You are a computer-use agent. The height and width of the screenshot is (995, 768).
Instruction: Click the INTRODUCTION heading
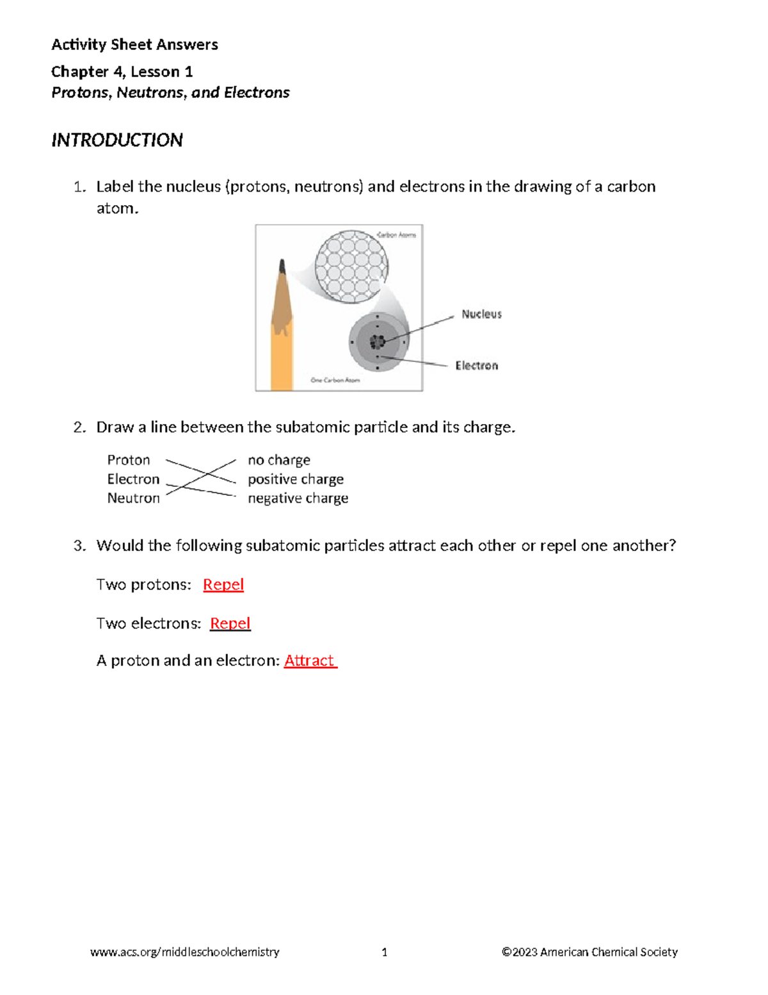point(117,140)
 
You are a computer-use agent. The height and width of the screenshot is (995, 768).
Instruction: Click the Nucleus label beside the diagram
point(481,314)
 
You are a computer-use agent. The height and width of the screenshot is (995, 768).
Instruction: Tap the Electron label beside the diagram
point(476,365)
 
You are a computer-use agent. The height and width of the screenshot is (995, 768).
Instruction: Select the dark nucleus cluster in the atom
point(378,342)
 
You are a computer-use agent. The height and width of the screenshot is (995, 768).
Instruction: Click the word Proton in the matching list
point(129,460)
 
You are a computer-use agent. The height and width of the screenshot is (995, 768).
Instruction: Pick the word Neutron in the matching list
point(133,498)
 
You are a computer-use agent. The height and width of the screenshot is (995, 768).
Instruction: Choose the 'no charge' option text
point(279,460)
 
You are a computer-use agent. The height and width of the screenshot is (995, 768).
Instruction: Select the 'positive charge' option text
point(296,479)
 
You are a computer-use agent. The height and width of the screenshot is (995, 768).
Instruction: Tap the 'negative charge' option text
point(298,498)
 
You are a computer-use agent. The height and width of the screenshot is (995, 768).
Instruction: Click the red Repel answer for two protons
point(223,584)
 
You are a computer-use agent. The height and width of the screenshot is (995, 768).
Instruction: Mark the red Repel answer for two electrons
point(230,623)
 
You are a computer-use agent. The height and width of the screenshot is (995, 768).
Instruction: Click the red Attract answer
point(310,661)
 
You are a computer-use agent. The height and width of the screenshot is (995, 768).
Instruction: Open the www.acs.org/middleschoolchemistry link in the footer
point(185,952)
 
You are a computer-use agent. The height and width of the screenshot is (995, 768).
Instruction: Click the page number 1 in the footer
point(384,952)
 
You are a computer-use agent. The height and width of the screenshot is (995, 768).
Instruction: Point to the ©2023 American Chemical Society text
point(589,952)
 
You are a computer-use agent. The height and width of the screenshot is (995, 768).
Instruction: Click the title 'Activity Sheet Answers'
point(134,44)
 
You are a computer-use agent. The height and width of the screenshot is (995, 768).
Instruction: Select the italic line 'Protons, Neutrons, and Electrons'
point(170,92)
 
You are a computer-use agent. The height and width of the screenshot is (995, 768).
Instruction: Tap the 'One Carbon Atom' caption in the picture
point(335,380)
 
